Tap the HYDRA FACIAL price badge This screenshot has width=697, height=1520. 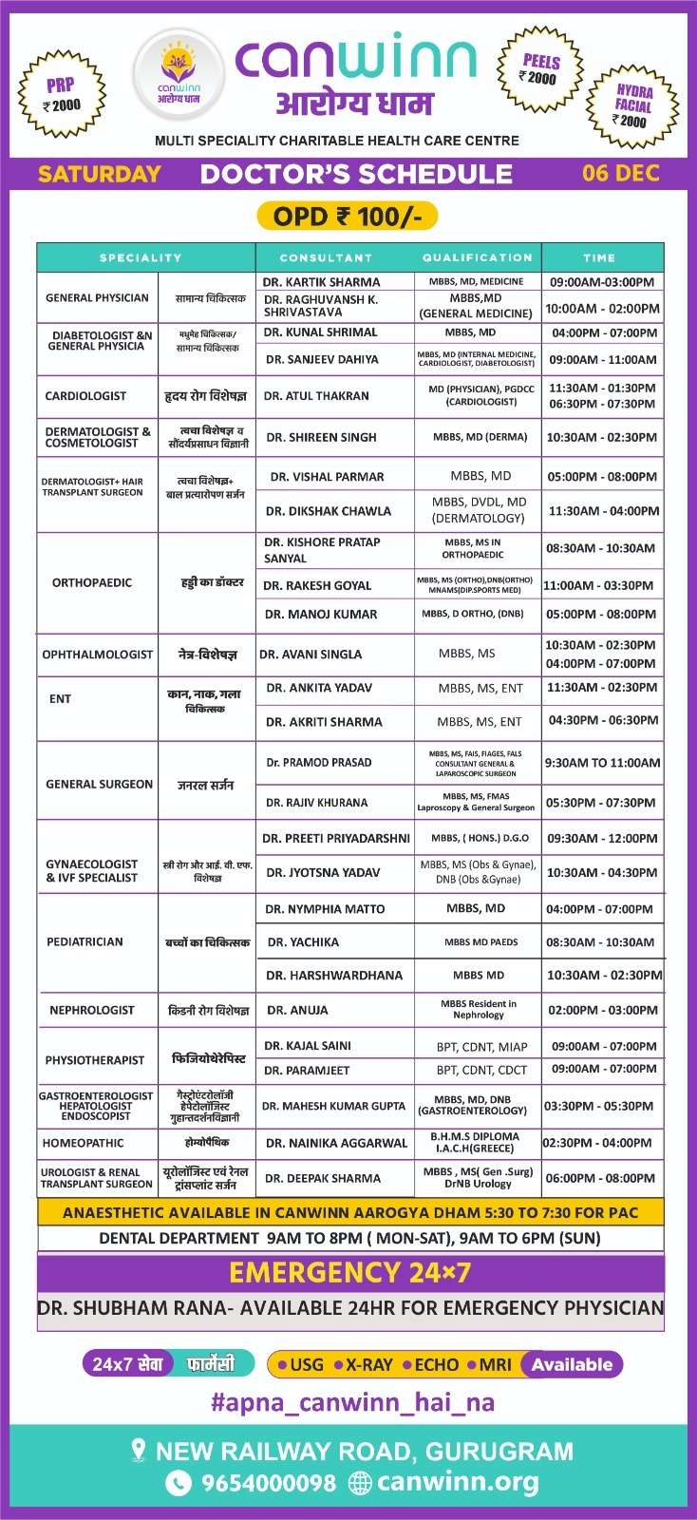pos(632,104)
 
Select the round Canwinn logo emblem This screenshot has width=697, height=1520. pos(179,76)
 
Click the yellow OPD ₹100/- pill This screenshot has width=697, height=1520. pos(348,217)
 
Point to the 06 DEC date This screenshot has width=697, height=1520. pos(620,173)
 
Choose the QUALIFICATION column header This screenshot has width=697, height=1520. pos(478,257)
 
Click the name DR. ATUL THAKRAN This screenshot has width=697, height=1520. pos(316,396)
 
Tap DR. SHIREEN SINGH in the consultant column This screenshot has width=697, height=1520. pos(321,437)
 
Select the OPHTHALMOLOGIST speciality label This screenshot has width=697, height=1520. pos(97,655)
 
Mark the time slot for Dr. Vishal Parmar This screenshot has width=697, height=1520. pos(602,477)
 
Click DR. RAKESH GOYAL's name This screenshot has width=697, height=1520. pos(317,586)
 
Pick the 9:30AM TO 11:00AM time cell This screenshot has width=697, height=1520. pos(602,763)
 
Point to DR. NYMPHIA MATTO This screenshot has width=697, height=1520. pos(325,909)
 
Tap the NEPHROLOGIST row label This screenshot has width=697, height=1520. pos(92,1010)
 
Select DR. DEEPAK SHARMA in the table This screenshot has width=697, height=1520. pos(323,1178)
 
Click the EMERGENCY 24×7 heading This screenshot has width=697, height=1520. pos(350,1272)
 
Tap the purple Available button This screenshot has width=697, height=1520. pos(572,1365)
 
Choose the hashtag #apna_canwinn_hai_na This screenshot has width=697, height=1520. pos(352,1402)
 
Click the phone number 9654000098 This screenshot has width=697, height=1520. pos(269,1483)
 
